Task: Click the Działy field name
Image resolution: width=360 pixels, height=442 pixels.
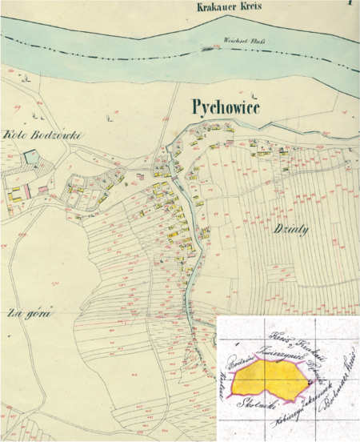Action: (293, 227)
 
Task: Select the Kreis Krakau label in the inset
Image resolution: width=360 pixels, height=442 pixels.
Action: (288, 336)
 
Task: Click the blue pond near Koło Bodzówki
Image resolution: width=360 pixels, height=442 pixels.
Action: (30, 158)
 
